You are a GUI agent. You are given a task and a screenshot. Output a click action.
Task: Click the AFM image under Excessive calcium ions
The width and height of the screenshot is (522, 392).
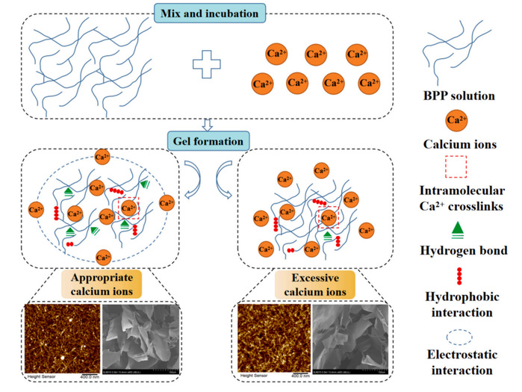coord(272,335)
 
